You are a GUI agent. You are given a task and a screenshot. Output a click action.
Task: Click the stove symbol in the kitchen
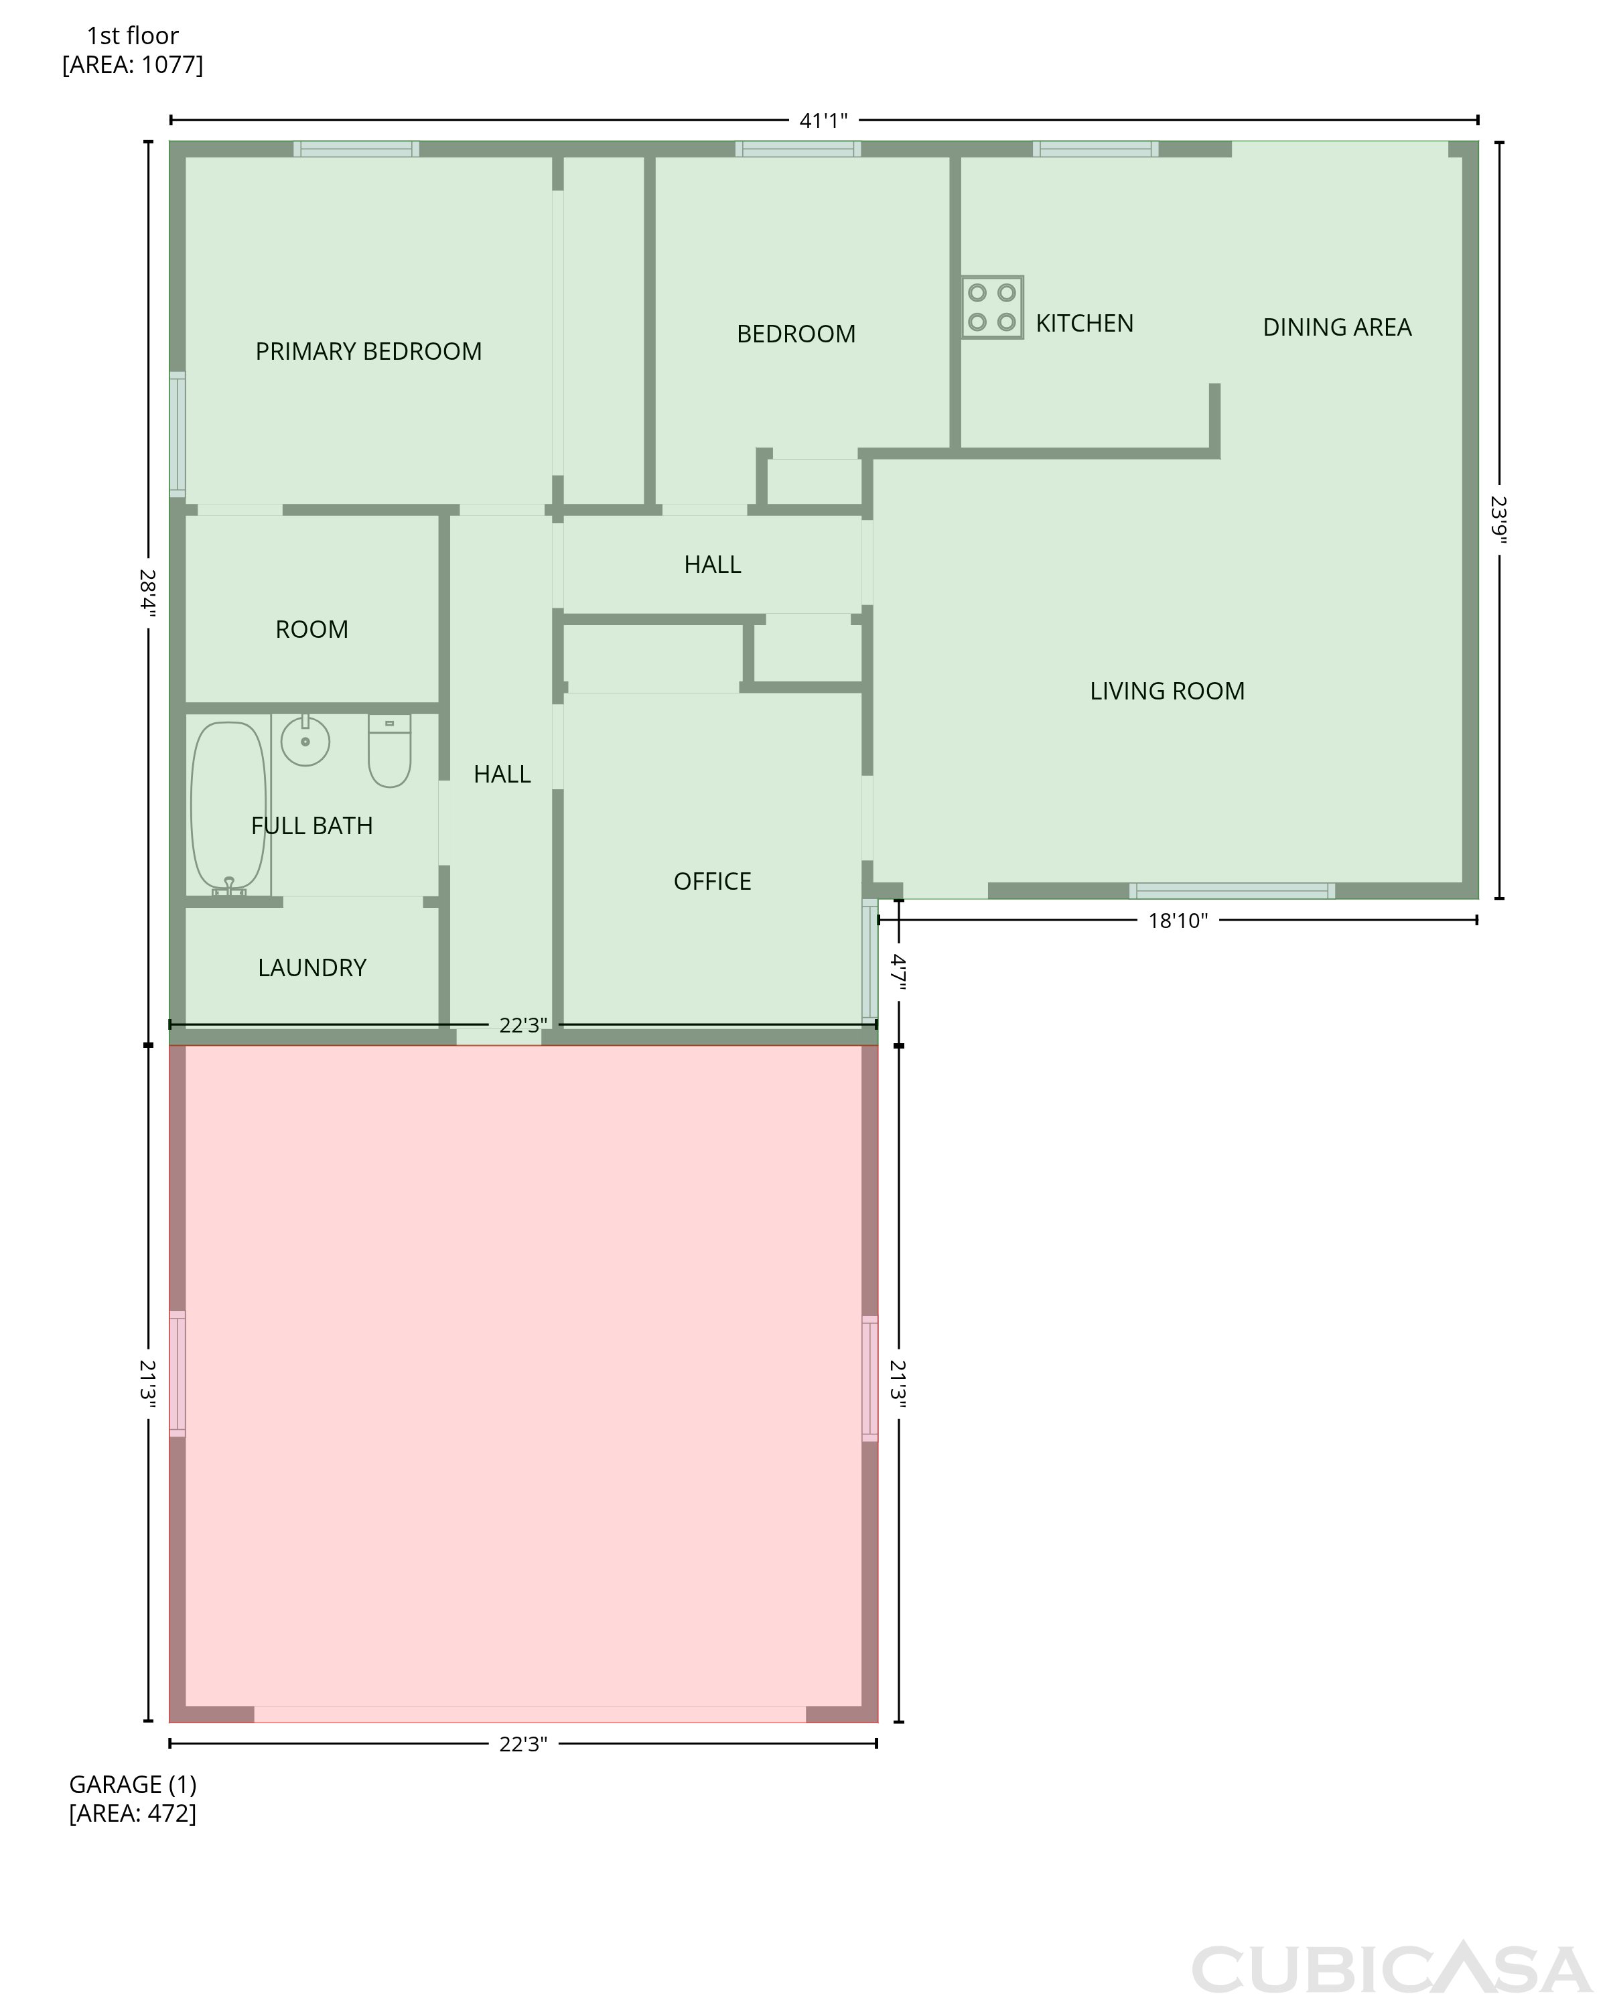tap(992, 307)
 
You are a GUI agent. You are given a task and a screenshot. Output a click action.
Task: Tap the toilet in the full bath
tap(390, 750)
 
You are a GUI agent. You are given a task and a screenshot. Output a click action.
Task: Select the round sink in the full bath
tap(305, 740)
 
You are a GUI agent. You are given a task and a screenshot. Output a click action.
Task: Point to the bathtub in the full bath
tap(228, 807)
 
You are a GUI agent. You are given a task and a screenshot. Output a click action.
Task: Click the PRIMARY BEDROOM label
tap(368, 352)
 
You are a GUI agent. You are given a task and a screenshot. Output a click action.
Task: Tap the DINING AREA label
tap(1337, 327)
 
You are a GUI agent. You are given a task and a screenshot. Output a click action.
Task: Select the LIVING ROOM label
tap(1168, 691)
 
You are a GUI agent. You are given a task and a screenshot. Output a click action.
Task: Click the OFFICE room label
tap(712, 881)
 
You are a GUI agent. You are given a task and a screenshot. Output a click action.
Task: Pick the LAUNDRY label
tap(312, 967)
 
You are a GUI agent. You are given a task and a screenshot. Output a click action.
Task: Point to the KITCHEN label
tap(1084, 324)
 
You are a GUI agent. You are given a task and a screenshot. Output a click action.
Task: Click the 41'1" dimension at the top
tap(823, 120)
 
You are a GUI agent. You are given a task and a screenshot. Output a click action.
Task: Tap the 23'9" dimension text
tap(1499, 520)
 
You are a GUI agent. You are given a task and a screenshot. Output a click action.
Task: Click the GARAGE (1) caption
tap(133, 1784)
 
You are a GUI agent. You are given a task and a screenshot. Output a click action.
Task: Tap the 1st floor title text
tap(133, 36)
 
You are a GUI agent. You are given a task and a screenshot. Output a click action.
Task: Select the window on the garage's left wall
tap(177, 1373)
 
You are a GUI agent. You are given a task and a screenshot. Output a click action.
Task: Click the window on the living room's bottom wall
tap(1232, 890)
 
